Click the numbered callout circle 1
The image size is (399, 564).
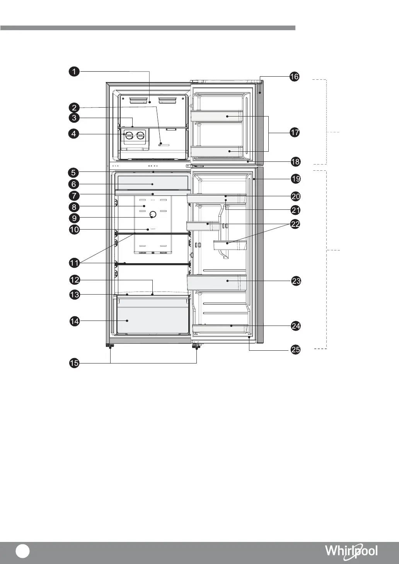[74, 72]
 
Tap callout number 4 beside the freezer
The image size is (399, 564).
[74, 134]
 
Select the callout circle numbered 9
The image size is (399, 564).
[74, 218]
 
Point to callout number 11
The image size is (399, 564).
[74, 263]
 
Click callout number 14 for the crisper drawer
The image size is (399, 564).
[75, 321]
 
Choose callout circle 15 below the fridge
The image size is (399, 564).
[74, 363]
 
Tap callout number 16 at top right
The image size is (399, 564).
[294, 77]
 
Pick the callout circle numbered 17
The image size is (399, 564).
[295, 132]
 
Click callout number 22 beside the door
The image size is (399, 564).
[295, 224]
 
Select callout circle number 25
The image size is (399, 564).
[296, 350]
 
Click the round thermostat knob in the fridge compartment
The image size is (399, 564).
[153, 214]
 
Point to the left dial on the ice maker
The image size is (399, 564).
[129, 135]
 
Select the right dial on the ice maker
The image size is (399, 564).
[140, 135]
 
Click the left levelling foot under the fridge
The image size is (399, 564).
[110, 346]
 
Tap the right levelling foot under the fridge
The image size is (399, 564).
[196, 346]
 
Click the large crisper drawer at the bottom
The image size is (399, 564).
[153, 315]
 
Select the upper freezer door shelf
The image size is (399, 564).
[217, 116]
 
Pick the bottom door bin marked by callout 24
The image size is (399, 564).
[220, 329]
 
